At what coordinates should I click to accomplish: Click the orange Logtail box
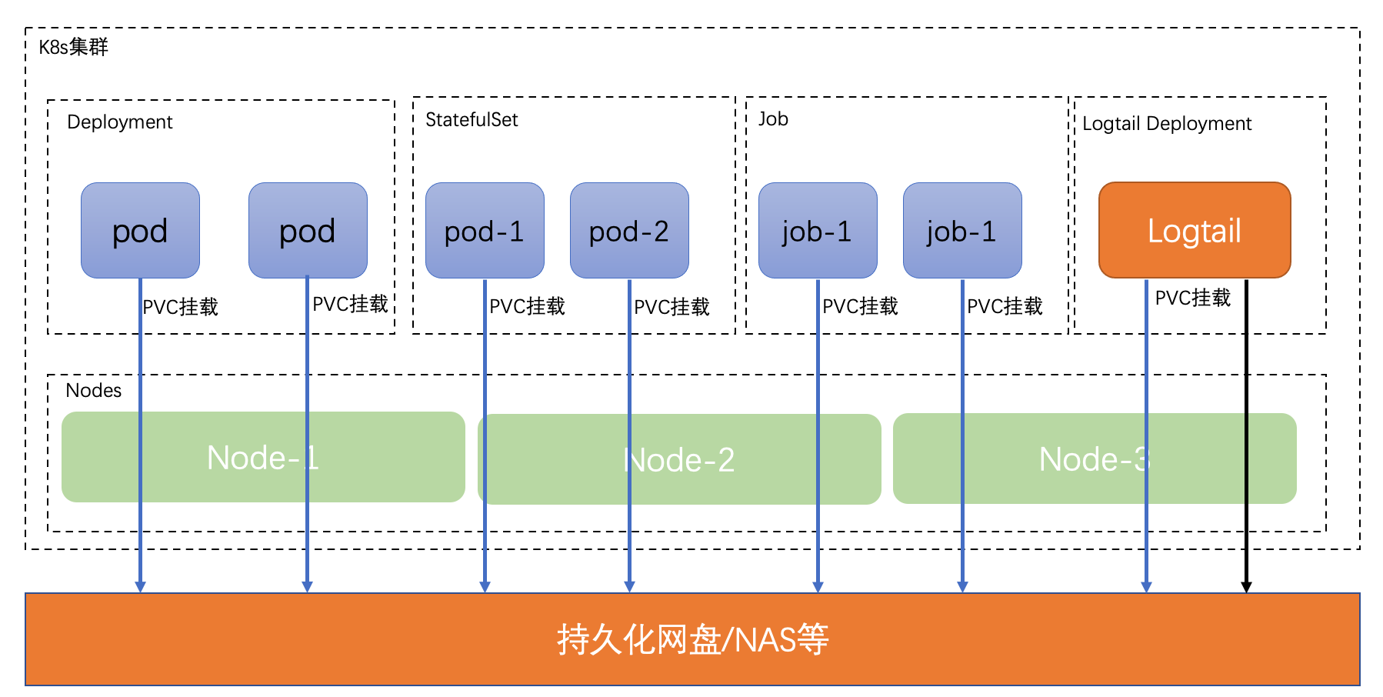[x=1194, y=230]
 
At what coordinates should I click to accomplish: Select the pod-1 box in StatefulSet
[x=484, y=230]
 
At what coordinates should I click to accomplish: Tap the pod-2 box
[x=628, y=230]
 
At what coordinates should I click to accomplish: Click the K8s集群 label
[x=73, y=47]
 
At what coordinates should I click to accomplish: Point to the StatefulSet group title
[x=471, y=119]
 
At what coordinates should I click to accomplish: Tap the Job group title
[x=772, y=118]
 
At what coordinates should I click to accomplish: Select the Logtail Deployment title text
[x=1166, y=123]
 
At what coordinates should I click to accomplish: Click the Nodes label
[x=93, y=390]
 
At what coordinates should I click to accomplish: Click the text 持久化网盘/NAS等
[x=692, y=639]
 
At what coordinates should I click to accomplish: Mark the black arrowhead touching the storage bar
[x=1246, y=587]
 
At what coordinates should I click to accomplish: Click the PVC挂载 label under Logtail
[x=1192, y=298]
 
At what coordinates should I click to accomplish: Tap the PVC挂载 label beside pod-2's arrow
[x=671, y=307]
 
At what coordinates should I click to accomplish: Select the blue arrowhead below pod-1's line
[x=485, y=587]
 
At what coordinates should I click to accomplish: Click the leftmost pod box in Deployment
[x=140, y=230]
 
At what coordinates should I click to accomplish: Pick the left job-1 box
[x=817, y=230]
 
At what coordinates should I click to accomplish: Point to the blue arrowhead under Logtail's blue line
[x=1146, y=587]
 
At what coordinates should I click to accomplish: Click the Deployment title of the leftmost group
[x=119, y=122]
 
